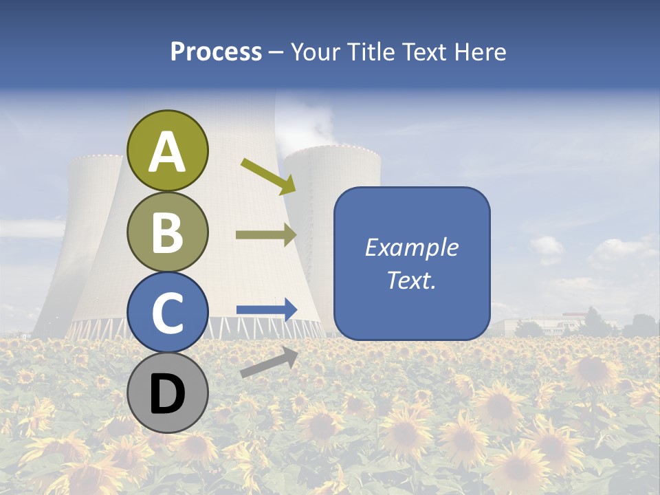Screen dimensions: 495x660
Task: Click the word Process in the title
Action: tap(216, 52)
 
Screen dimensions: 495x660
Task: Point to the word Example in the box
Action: tap(411, 247)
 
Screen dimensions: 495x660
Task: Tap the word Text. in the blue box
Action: tap(411, 280)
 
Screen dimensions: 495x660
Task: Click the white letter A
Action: tap(167, 152)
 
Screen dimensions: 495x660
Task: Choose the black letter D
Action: tap(167, 394)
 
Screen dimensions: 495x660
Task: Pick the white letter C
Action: tap(167, 313)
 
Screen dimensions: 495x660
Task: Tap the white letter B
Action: tap(167, 232)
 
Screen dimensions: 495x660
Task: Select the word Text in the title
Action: tap(425, 52)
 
